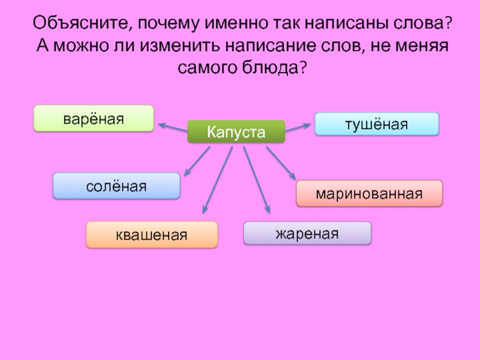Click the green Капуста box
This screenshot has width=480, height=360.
(x=236, y=131)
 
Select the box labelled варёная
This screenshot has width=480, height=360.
(x=94, y=118)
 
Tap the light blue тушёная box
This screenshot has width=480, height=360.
(x=376, y=124)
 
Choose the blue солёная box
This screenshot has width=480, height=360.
(x=116, y=186)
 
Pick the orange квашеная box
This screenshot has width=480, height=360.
(x=152, y=235)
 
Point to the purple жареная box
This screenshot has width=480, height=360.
(x=307, y=233)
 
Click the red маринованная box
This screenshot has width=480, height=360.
(x=370, y=194)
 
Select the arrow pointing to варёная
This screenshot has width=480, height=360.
(x=173, y=126)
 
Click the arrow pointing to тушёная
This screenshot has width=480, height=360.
(x=299, y=127)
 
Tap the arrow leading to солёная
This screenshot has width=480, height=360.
(x=197, y=160)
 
